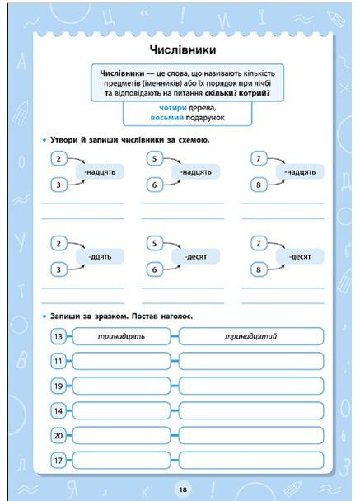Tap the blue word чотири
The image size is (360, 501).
[174, 108]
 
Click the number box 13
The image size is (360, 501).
[58, 336]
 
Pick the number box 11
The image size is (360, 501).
[58, 361]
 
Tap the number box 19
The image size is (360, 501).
[58, 386]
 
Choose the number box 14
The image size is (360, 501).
[58, 410]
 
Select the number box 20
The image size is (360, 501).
[58, 435]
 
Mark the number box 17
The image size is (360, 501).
[58, 460]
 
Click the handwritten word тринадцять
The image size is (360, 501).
[121, 336]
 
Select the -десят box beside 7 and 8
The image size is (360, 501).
[300, 257]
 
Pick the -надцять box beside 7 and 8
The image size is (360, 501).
[300, 172]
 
